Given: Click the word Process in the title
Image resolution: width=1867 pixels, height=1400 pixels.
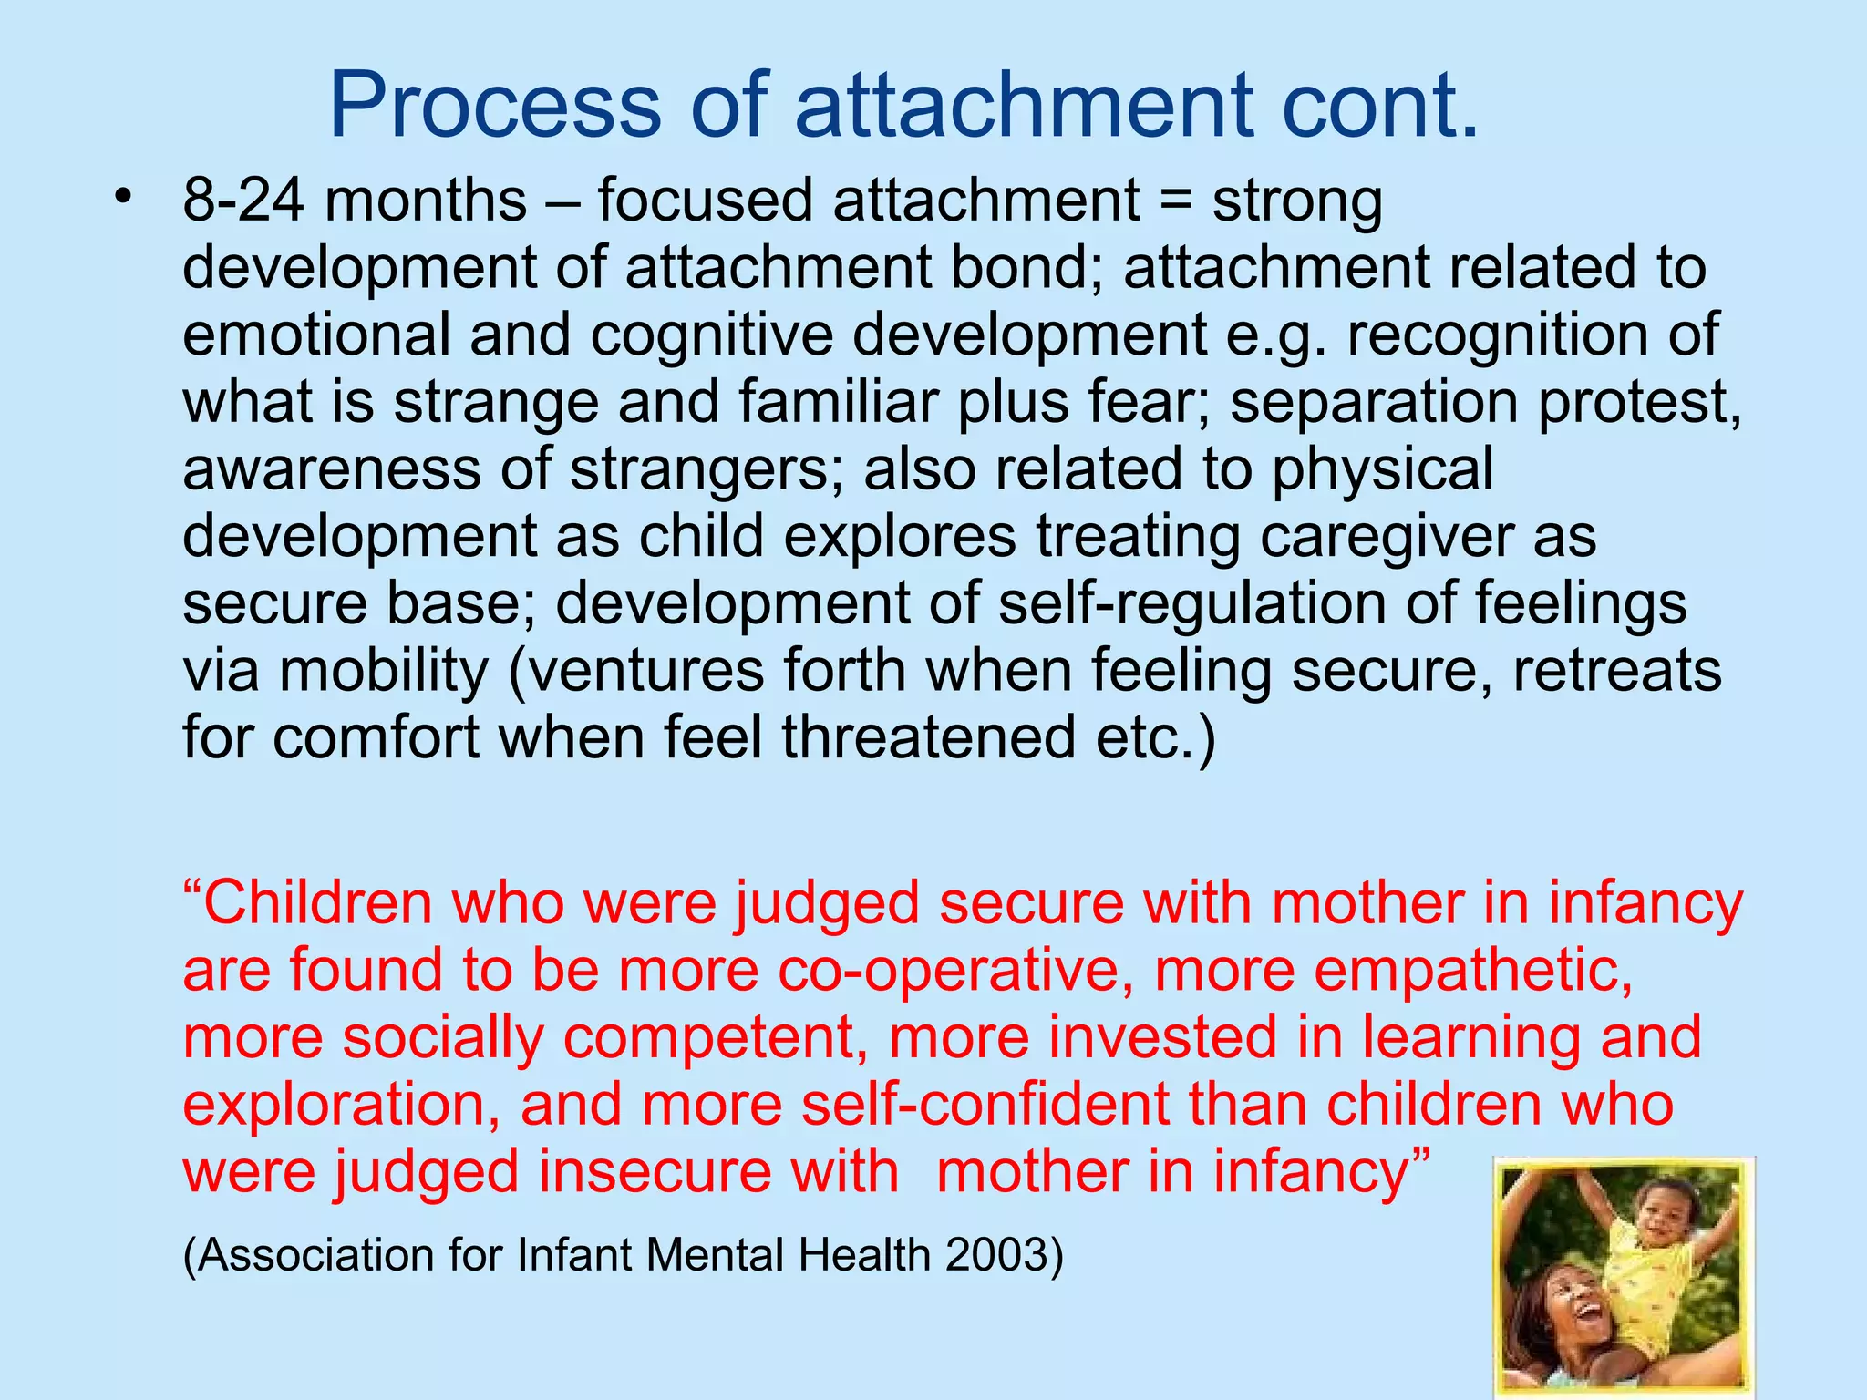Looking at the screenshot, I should pos(495,106).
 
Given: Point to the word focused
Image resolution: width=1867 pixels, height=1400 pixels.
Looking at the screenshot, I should pos(704,201).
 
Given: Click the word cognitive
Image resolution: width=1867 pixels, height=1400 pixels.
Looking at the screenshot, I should pos(711,335).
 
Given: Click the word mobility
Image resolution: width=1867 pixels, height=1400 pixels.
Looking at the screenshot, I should pos(384,672).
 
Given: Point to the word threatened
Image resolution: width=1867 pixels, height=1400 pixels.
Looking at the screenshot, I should pos(929,737).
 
